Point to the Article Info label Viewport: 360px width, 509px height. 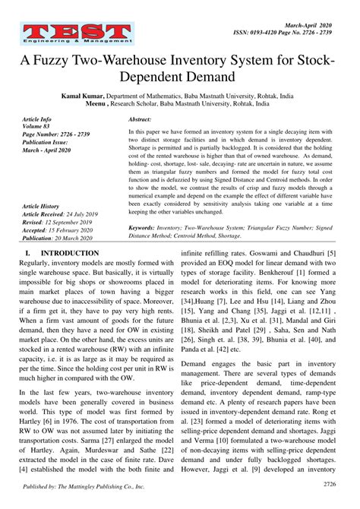[x=37, y=119]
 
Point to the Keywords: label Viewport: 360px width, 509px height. [x=147, y=226]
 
